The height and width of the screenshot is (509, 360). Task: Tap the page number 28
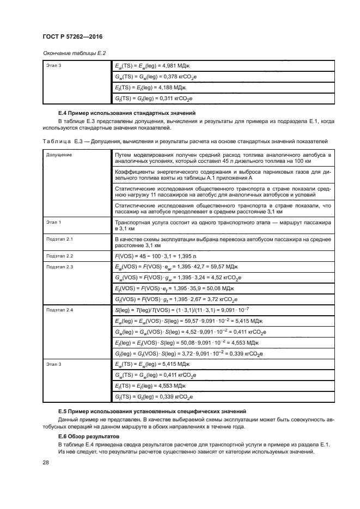[x=46, y=463]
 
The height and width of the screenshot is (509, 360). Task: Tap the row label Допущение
[x=58, y=155]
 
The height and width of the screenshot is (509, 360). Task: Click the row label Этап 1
[x=53, y=223]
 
